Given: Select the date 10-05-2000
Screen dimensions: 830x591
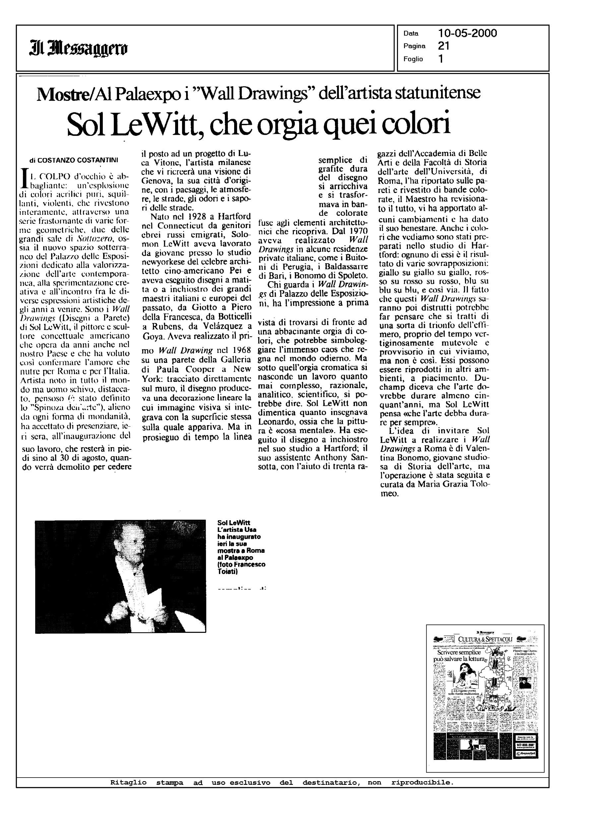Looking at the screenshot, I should (x=468, y=34).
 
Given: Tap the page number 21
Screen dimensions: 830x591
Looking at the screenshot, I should (x=444, y=46).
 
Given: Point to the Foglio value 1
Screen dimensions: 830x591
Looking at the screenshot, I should (x=441, y=59).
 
